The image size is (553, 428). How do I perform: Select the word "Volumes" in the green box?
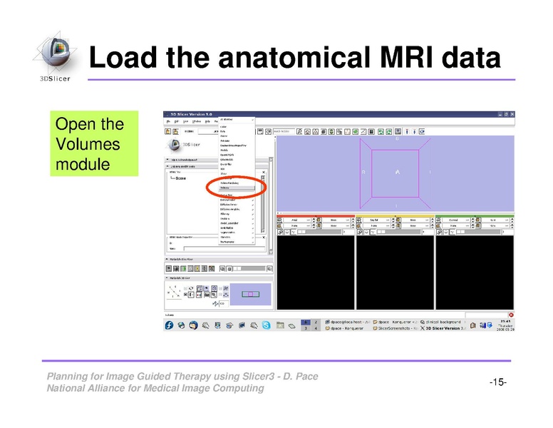tap(78, 145)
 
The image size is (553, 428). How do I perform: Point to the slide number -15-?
tap(497, 383)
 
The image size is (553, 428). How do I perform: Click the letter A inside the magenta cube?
tap(397, 172)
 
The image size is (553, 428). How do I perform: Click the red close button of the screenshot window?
tap(511, 315)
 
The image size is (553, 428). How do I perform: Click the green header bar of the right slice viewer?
tap(474, 216)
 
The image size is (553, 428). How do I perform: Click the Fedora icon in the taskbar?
tap(169, 325)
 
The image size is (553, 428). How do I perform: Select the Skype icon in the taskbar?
tap(266, 325)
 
